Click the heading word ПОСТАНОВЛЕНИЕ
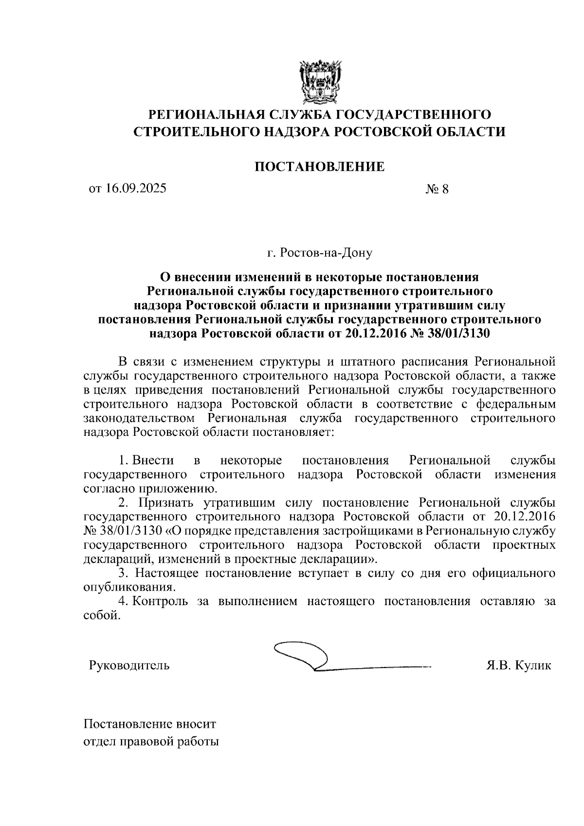click(x=320, y=167)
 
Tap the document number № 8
click(x=437, y=189)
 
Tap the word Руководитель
click(x=129, y=665)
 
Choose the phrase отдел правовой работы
click(x=151, y=742)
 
